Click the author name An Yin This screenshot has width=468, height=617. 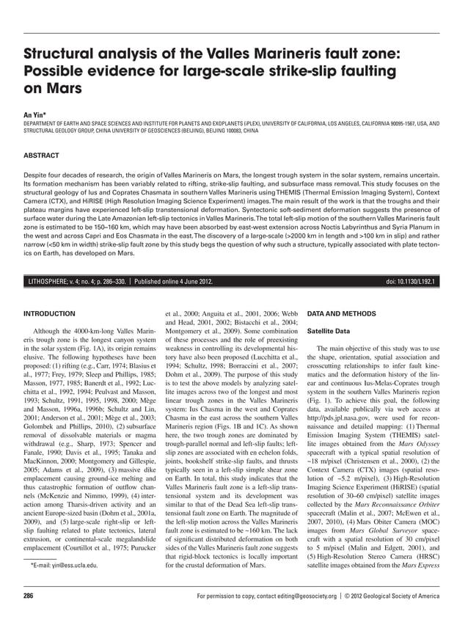[x=34, y=115]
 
